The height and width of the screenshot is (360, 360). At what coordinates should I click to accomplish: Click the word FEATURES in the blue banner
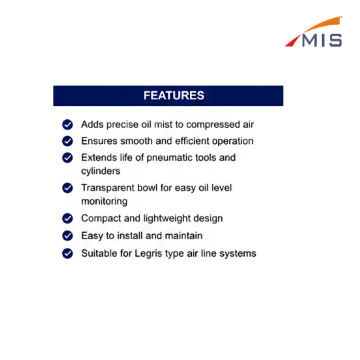(x=174, y=95)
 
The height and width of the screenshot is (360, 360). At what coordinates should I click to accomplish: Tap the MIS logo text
(x=322, y=41)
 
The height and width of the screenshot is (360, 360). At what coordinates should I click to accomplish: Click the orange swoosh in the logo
(x=323, y=25)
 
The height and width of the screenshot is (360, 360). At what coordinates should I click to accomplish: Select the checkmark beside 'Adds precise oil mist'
(x=67, y=125)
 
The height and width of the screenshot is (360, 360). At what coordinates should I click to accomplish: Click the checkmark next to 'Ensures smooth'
(x=67, y=141)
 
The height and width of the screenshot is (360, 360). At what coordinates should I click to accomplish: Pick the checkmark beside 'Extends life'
(x=67, y=158)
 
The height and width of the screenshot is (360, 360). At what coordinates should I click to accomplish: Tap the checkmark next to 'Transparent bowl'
(x=67, y=188)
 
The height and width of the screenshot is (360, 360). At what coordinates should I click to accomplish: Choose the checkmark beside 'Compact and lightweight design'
(x=67, y=219)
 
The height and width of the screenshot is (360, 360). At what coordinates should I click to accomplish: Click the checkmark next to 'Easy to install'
(x=67, y=235)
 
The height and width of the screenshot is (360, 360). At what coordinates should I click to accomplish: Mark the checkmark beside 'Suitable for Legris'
(x=67, y=253)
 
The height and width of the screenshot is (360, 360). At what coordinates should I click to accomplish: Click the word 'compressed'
(x=213, y=125)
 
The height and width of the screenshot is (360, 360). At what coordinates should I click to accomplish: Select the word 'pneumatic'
(x=170, y=158)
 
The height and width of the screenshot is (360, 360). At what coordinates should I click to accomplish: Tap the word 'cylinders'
(x=101, y=171)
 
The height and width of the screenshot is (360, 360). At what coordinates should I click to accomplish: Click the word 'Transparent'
(x=108, y=188)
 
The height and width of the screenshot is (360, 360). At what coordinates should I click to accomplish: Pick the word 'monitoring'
(x=105, y=201)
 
